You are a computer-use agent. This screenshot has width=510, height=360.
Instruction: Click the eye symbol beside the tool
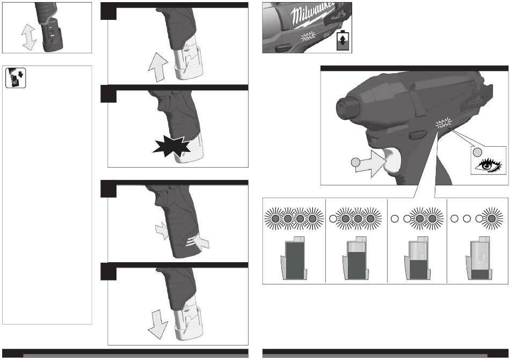click(488, 165)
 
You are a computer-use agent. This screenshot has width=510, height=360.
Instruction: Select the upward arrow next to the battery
click(158, 67)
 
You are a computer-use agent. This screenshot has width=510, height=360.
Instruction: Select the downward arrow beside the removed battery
click(158, 324)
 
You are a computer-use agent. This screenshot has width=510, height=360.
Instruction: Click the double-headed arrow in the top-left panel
click(28, 37)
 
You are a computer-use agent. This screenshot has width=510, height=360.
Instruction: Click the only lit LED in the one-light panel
click(492, 218)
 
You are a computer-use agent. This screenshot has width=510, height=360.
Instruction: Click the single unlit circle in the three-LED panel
click(333, 219)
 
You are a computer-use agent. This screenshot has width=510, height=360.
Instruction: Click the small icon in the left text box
click(16, 77)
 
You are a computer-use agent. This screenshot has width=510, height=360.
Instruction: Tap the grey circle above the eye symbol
click(477, 152)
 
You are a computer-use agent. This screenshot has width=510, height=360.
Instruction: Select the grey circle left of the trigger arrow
click(356, 162)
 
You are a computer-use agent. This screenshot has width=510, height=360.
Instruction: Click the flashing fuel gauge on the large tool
click(443, 123)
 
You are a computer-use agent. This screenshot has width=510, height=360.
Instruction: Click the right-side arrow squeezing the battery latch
click(200, 242)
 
